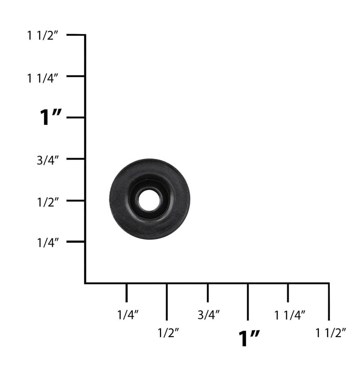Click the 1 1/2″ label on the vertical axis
click(43, 36)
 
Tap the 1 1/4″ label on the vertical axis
click(43, 78)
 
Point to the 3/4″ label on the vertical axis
click(48, 160)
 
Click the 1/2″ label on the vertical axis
click(48, 202)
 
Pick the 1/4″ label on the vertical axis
click(48, 243)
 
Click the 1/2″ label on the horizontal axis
click(168, 332)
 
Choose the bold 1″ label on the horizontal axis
click(249, 339)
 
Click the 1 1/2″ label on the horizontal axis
click(330, 332)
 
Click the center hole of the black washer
click(149, 200)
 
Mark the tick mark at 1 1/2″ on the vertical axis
click(76, 35)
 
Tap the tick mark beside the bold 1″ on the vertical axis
click(76, 118)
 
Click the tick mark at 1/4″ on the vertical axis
click(76, 241)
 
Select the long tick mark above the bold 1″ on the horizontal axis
click(248, 302)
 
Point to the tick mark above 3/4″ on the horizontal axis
click(208, 292)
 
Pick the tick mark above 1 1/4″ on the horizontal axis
click(288, 292)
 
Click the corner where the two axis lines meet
click(85, 283)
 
